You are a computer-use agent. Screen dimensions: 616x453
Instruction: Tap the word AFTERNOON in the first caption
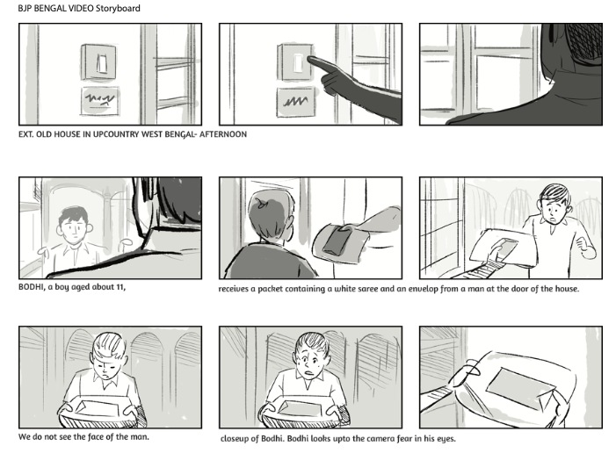[x=223, y=134]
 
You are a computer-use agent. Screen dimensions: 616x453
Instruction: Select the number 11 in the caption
[x=120, y=287]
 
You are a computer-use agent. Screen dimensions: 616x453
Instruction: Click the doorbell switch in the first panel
[x=99, y=62]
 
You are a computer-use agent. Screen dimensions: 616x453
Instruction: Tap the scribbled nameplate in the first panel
[x=100, y=101]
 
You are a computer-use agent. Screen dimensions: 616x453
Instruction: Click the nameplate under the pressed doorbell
[x=296, y=102]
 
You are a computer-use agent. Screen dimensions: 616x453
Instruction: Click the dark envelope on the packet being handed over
[x=337, y=241]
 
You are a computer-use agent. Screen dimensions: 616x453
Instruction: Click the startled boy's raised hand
[x=585, y=248]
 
